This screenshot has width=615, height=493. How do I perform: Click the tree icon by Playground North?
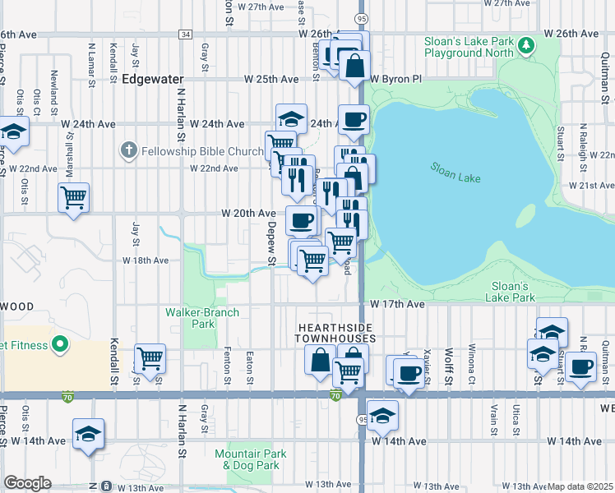coord(522,52)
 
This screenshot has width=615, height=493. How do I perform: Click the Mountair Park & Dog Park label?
coord(250,458)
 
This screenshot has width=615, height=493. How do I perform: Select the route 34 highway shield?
coord(186,35)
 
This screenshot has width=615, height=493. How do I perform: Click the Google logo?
coord(27,483)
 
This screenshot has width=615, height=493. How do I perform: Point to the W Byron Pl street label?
coord(395,80)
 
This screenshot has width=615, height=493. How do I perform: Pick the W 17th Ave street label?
coord(396,304)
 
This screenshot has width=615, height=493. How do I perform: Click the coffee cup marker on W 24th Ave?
coord(354,120)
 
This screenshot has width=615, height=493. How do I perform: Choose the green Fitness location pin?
coord(59,345)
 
